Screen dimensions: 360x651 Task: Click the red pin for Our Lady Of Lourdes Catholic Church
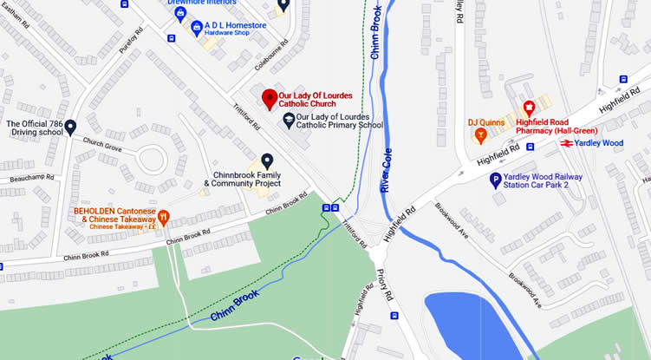pos(269,96)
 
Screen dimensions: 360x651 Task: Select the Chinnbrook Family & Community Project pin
pos(267,160)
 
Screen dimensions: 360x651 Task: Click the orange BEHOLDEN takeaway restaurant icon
pos(162,217)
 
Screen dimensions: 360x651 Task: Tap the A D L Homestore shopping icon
pos(197,28)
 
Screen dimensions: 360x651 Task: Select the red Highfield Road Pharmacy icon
pos(528,108)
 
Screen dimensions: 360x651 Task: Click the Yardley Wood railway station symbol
pos(565,143)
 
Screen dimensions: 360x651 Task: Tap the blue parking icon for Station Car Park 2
pos(495,180)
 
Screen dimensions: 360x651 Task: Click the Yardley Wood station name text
pos(600,143)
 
